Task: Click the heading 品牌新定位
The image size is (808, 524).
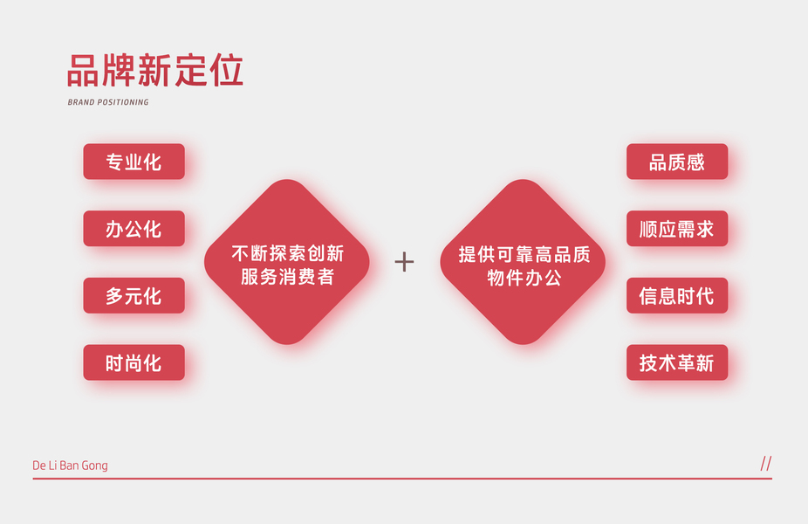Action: (154, 71)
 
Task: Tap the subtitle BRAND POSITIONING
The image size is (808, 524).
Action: (108, 102)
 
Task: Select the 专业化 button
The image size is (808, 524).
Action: (134, 162)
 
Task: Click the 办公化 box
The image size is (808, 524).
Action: (134, 229)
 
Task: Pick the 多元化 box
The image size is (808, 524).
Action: (134, 296)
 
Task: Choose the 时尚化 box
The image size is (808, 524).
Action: (134, 362)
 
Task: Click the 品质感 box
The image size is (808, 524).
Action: (676, 162)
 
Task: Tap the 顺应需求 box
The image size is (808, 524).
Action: (676, 229)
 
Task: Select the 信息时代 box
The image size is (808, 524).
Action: (676, 296)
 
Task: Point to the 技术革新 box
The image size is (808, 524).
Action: (676, 362)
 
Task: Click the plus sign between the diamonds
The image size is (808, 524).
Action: (404, 261)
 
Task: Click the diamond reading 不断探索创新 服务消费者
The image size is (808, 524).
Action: (287, 262)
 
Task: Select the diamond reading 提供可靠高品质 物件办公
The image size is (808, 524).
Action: (523, 262)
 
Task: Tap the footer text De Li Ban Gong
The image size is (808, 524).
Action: (70, 465)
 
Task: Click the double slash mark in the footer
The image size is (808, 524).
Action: (766, 464)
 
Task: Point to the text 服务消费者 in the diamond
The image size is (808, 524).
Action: (287, 278)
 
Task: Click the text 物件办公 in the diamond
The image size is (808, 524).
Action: (524, 278)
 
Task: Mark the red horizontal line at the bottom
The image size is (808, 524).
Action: (401, 479)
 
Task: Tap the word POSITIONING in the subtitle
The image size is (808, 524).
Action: (123, 102)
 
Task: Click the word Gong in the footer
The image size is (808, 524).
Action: (94, 465)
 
